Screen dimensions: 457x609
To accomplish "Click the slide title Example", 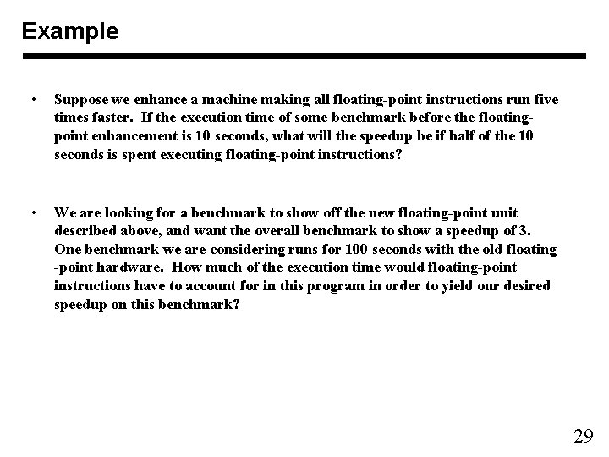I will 70,31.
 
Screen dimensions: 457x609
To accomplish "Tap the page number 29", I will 583,437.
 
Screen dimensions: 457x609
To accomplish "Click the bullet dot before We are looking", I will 31,212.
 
